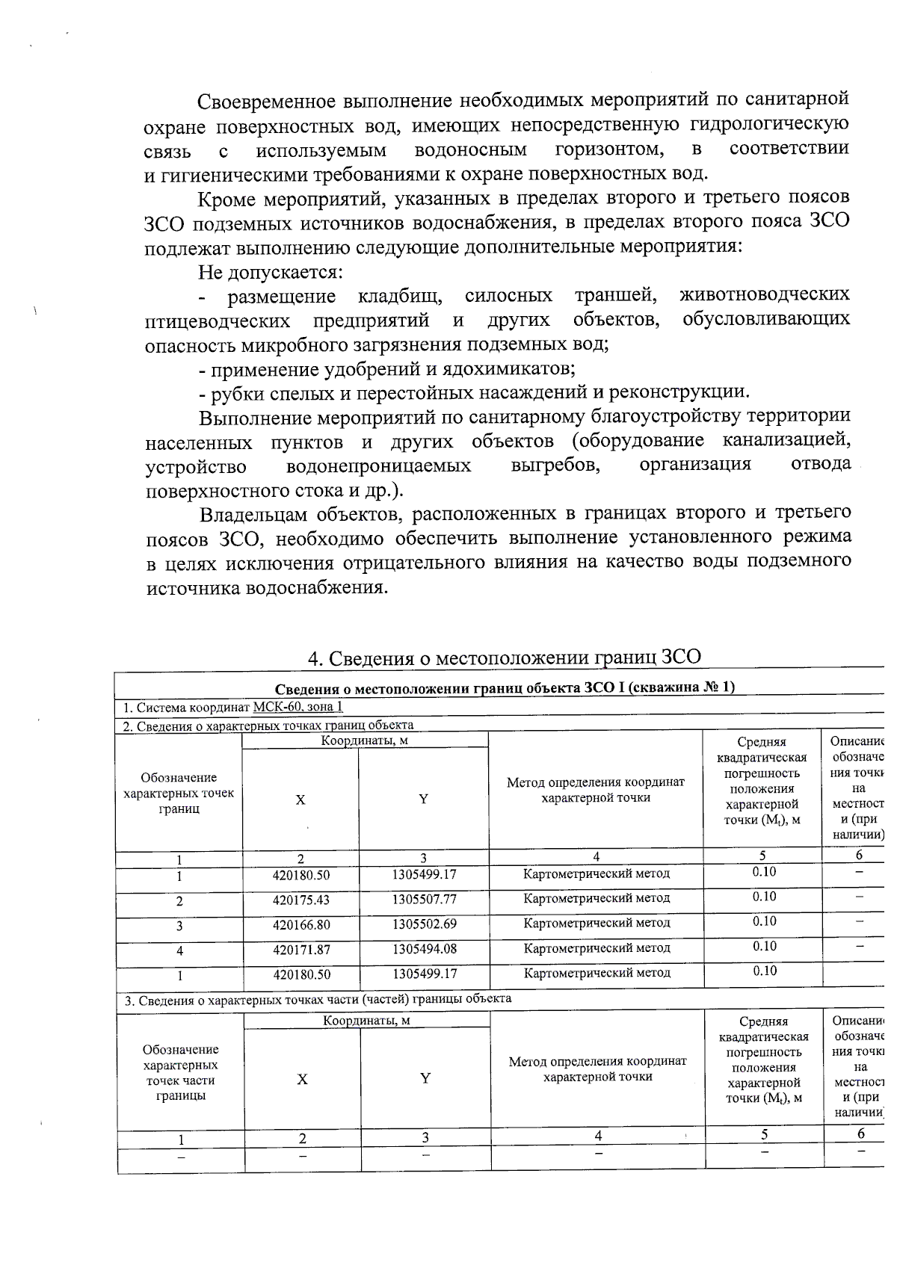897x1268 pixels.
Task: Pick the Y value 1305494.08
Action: coord(424,948)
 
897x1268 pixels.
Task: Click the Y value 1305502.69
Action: coord(424,924)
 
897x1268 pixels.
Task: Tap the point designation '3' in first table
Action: coord(179,926)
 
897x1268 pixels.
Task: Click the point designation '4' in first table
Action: coord(179,951)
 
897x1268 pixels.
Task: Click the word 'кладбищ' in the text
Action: coord(399,296)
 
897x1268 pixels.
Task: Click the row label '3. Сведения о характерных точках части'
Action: coord(318,998)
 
